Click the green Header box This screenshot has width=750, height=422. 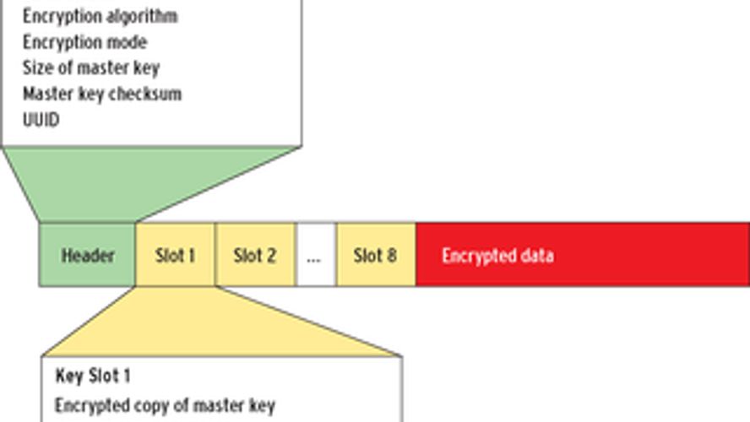[87, 255]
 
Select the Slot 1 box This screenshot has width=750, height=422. [175, 255]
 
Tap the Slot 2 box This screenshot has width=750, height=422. [255, 255]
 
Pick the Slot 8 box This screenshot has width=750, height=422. [375, 255]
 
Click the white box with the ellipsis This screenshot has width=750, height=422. [315, 255]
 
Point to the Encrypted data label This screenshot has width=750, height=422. [497, 255]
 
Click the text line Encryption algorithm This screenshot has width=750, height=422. [100, 16]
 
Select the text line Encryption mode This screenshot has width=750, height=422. [84, 42]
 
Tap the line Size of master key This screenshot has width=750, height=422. [90, 68]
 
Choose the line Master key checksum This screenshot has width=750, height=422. [101, 94]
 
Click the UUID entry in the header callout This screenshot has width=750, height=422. [41, 119]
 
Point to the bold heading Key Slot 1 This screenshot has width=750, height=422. [93, 376]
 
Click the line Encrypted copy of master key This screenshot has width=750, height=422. [165, 406]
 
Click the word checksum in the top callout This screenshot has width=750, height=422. [147, 94]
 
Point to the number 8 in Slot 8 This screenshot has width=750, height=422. [391, 255]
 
